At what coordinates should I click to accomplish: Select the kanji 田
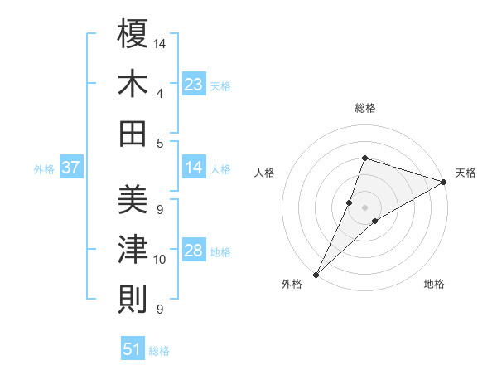click(x=133, y=134)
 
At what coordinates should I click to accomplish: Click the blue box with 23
click(x=194, y=84)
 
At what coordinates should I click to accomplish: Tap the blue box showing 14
click(x=194, y=168)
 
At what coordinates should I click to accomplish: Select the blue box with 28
click(x=194, y=251)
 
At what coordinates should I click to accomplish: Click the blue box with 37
click(x=71, y=168)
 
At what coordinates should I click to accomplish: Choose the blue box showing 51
click(x=133, y=349)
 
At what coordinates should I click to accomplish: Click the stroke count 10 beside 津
click(x=160, y=260)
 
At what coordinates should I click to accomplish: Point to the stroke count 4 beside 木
click(x=160, y=93)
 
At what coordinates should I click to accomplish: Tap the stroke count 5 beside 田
click(x=160, y=143)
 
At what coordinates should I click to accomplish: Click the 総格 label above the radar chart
click(x=365, y=108)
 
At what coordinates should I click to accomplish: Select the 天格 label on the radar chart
click(x=466, y=173)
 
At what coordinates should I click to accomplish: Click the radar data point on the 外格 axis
click(x=316, y=275)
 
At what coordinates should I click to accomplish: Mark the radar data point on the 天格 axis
click(x=444, y=182)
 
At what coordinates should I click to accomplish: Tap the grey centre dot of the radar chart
click(x=365, y=207)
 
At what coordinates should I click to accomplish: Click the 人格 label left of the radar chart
click(x=265, y=173)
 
